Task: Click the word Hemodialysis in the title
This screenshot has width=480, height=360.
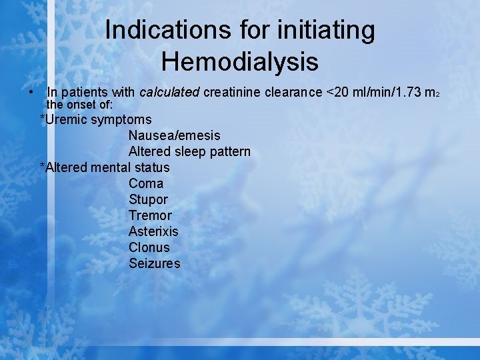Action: point(240,61)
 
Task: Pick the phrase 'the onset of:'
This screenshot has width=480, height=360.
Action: point(79,105)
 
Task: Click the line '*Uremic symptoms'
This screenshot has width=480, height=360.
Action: point(96,120)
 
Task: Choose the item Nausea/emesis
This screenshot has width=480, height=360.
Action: point(174,136)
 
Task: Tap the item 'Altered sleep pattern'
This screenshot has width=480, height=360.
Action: point(189,152)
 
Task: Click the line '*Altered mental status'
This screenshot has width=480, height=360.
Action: point(105,168)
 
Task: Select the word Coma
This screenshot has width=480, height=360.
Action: point(146,183)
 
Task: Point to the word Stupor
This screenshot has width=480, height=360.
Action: point(148,200)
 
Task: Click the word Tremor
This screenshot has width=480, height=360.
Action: point(150,215)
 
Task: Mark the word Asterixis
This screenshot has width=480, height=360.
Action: point(153,231)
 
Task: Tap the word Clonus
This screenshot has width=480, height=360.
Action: point(149,247)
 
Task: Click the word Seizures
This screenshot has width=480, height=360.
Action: point(154,263)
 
